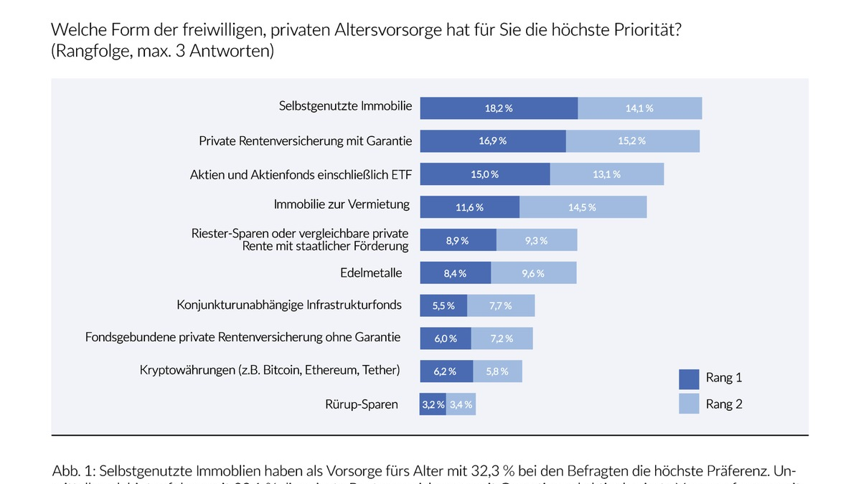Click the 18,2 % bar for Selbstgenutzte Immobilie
[x=499, y=108]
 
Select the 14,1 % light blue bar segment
[x=639, y=108]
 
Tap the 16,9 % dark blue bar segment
[x=493, y=141]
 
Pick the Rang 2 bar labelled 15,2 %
[x=632, y=141]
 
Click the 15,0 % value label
[x=484, y=174]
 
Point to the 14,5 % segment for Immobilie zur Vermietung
[x=583, y=207]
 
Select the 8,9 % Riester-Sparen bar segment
[x=458, y=240]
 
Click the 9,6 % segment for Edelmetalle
[x=533, y=273]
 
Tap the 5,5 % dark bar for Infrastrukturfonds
[x=443, y=305]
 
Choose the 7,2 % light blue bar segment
[x=502, y=338]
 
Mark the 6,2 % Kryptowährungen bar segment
[x=446, y=371]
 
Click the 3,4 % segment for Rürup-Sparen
[x=461, y=404]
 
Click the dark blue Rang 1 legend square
[x=689, y=378]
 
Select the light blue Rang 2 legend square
[x=689, y=404]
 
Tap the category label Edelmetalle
[x=371, y=273]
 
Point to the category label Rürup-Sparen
[x=362, y=404]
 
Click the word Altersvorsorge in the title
[x=377, y=30]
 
